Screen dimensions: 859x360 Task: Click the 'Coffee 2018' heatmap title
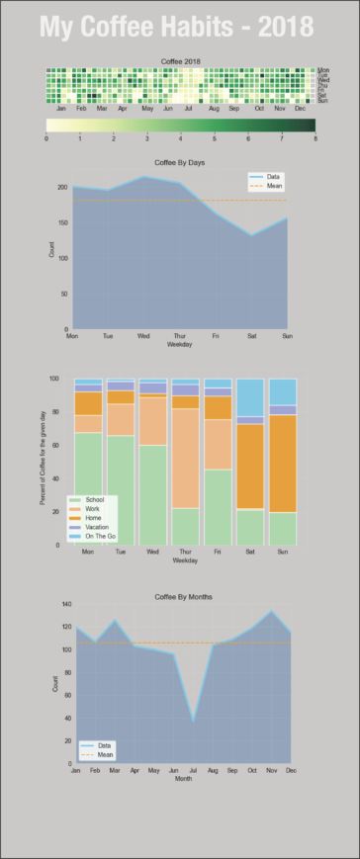180,61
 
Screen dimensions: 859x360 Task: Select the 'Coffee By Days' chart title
180,161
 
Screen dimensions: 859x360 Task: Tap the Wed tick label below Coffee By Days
143,336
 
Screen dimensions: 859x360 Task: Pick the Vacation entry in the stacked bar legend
95,528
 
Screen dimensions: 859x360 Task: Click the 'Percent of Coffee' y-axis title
43,462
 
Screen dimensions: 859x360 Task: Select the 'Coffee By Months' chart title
182,597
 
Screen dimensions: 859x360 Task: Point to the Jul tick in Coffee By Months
193,769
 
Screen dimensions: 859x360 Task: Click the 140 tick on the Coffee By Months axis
66,604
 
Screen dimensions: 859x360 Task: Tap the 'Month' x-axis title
183,778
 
